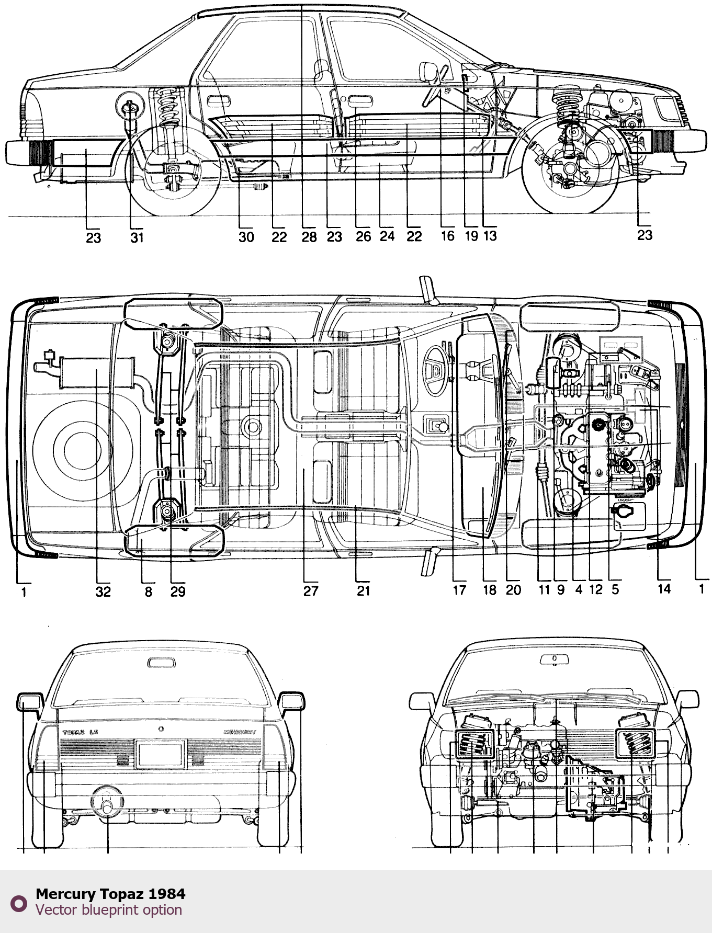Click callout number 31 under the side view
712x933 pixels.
coord(137,237)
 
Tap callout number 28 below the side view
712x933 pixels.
coord(309,237)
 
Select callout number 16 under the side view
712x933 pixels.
coord(447,236)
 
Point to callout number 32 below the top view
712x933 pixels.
coord(103,591)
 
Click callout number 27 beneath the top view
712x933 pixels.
coord(311,591)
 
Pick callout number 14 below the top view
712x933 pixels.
coord(664,589)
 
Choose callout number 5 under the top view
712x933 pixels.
coord(615,589)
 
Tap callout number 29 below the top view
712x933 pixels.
coord(178,591)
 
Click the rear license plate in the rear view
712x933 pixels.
coord(160,754)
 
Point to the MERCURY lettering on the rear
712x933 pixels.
coord(240,732)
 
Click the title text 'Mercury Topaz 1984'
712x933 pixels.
coord(110,894)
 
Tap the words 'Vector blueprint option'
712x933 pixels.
coord(109,910)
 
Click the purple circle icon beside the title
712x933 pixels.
coord(19,903)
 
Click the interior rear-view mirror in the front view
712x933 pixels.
coord(554,659)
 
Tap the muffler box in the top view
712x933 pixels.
coord(97,372)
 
